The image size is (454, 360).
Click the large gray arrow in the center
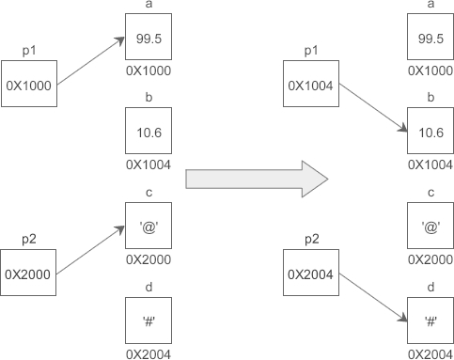pos(257,180)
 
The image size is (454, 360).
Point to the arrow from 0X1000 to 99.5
pos(91,61)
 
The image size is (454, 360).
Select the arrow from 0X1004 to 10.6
pos(373,108)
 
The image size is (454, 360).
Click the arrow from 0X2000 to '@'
pos(90,250)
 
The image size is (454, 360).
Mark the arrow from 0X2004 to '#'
pos(373,298)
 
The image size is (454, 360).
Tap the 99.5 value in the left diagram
pos(149,39)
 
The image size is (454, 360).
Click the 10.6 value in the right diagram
pos(431,133)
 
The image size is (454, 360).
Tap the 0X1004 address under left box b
pos(149,164)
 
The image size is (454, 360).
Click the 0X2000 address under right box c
pos(431,259)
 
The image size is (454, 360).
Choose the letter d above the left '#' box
pos(149,287)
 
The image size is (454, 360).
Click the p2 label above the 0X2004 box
pos(312,240)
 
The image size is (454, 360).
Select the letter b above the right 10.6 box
pos(431,98)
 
